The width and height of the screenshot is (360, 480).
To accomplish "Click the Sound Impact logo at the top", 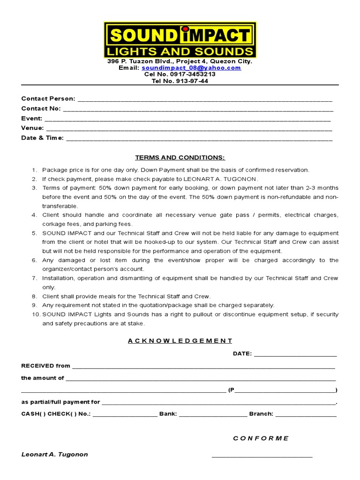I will click(180, 40).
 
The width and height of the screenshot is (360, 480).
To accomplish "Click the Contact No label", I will click(41, 109).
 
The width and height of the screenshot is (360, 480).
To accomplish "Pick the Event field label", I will click(32, 119).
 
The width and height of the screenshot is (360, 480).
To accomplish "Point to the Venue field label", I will click(33, 128).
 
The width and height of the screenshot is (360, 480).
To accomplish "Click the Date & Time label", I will click(43, 138).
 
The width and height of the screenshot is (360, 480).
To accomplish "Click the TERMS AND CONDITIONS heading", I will click(180, 157).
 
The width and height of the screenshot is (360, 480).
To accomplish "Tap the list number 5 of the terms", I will click(34, 233).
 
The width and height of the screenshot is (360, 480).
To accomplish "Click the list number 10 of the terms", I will click(36, 314).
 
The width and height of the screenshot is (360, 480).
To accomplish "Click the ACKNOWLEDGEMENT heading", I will click(180, 341).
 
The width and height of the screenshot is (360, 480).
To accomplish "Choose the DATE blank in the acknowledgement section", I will click(295, 354).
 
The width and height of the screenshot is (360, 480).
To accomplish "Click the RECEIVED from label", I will click(45, 366).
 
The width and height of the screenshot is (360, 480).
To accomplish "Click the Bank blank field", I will click(213, 414).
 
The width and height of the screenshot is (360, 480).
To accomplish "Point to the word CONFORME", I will click(261, 438).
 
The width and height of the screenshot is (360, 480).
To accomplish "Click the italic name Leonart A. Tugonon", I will click(54, 454).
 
